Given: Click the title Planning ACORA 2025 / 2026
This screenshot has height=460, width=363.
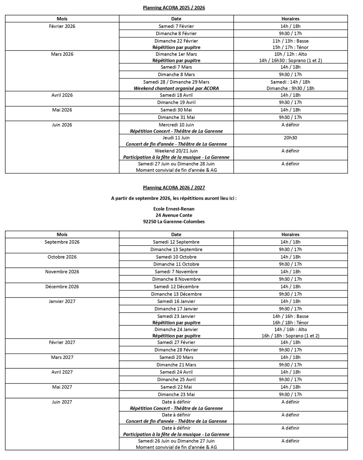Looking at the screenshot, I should [x=174, y=8].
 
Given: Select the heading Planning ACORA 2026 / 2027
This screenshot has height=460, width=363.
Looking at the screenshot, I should [x=174, y=187].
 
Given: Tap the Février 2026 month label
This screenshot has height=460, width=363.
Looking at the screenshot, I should [x=62, y=26].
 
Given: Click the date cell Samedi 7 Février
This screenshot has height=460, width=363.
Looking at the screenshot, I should [x=176, y=26].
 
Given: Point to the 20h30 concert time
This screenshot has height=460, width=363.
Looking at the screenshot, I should [x=290, y=138].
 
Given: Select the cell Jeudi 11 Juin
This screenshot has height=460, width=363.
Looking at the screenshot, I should [x=176, y=138].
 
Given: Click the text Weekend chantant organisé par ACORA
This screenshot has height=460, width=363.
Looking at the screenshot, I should [x=176, y=88].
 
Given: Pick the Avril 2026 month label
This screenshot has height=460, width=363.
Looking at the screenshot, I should [x=62, y=95].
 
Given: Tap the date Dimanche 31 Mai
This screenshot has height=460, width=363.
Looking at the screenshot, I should [x=176, y=117].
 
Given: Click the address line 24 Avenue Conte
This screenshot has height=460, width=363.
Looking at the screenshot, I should [x=174, y=215].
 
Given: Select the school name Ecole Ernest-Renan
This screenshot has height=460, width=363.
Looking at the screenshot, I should [x=174, y=209].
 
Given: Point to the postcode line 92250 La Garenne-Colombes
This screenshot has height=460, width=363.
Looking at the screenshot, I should [x=174, y=222].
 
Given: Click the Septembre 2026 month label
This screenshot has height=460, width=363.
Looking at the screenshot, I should [x=62, y=242].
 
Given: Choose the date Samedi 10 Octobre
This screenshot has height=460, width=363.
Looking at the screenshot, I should [x=176, y=257].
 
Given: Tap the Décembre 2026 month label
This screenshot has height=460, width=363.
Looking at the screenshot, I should [x=62, y=287].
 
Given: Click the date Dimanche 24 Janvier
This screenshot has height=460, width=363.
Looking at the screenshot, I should [x=176, y=329].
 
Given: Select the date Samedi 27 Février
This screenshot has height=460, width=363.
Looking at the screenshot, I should [x=176, y=342].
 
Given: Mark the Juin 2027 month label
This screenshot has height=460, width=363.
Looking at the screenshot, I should [x=62, y=402].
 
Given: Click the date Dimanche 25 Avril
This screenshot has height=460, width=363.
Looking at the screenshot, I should [x=176, y=379].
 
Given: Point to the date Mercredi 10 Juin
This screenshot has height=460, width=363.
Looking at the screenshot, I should [x=176, y=125].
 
